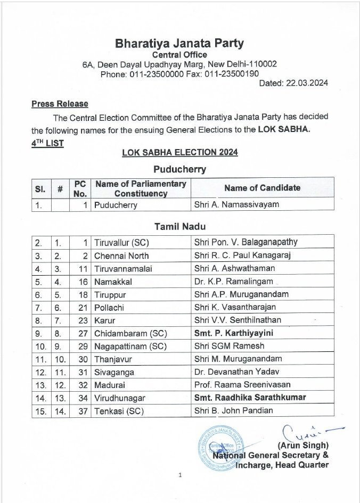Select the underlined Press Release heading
[60, 104]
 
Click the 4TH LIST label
[47, 143]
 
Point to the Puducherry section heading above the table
[179, 170]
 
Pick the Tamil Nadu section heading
[179, 227]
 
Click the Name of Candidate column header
[262, 187]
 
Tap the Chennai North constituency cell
[120, 255]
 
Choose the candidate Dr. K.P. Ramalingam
[233, 281]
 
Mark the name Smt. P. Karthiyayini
[237, 333]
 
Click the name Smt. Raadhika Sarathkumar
[250, 398]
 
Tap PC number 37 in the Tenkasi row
[81, 411]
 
